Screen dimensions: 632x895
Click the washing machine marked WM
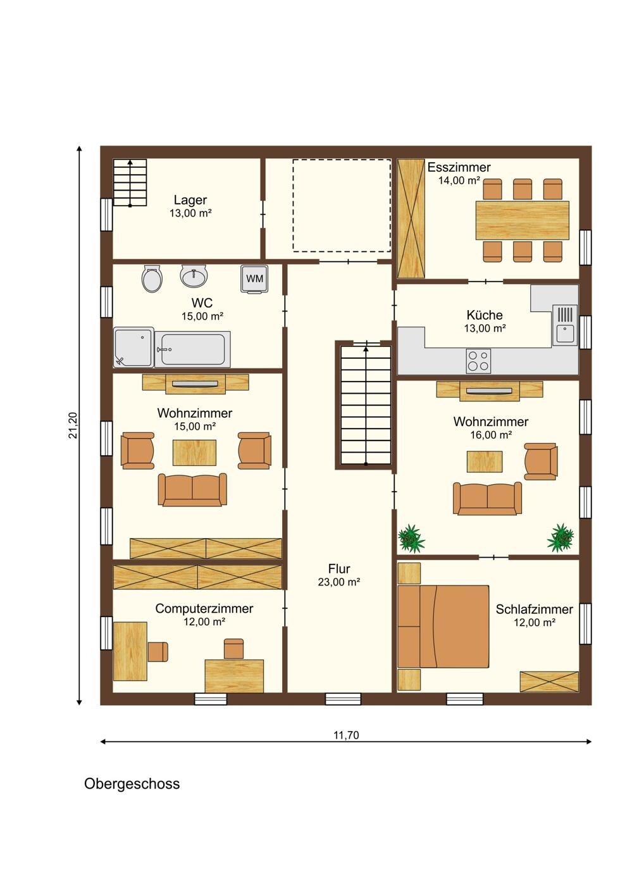click(x=254, y=279)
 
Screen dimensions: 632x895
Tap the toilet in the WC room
click(x=152, y=278)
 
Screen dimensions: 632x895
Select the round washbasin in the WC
click(x=194, y=275)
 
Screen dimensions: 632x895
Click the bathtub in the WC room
click(x=192, y=349)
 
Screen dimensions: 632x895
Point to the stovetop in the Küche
click(x=478, y=361)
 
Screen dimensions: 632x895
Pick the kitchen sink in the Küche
click(x=564, y=325)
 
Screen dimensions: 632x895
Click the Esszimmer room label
click(x=459, y=167)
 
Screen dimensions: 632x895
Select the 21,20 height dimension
click(x=73, y=425)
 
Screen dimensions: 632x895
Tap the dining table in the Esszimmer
click(x=522, y=220)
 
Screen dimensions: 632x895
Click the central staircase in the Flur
click(x=366, y=405)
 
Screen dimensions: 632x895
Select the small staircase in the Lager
click(x=130, y=182)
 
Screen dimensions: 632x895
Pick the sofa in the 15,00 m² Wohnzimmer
click(x=192, y=490)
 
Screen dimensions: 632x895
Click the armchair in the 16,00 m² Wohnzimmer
click(x=541, y=461)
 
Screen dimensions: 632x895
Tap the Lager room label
click(x=190, y=200)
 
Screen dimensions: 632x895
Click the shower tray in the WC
click(x=133, y=347)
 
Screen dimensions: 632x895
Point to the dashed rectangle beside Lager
click(x=342, y=205)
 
